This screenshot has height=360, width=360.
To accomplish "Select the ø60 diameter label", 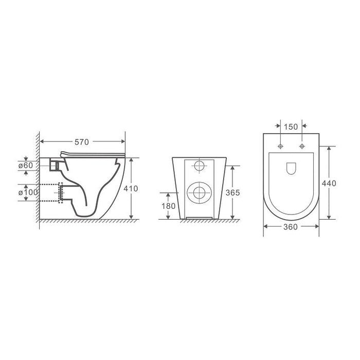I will [x=25, y=165].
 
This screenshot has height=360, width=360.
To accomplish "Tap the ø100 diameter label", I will [x=25, y=192].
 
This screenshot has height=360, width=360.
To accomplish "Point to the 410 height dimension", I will [x=132, y=188].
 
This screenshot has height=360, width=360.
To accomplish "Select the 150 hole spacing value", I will [x=291, y=126].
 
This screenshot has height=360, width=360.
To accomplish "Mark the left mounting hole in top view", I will [x=280, y=147].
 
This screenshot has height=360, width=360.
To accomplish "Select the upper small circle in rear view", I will [x=198, y=166].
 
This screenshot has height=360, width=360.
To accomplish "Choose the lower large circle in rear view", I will [x=198, y=193].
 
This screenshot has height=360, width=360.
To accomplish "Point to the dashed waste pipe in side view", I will [x=51, y=192].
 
